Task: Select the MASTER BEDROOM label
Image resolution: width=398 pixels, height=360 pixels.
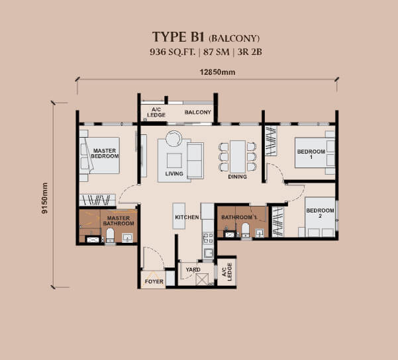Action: (105, 154)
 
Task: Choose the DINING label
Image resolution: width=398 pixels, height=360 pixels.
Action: (237, 177)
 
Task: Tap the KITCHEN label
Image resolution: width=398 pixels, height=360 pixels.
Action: (187, 218)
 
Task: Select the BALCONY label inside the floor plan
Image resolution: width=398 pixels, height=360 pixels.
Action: (197, 112)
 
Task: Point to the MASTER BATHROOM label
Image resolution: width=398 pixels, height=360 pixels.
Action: (118, 221)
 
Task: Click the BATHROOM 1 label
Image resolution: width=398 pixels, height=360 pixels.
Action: (238, 217)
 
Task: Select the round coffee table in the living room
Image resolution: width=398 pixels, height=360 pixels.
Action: (174, 138)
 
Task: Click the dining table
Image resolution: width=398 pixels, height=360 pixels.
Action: (237, 157)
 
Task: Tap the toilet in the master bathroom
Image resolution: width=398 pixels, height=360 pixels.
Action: (110, 236)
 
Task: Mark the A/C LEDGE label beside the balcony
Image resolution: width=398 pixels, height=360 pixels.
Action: (156, 112)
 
